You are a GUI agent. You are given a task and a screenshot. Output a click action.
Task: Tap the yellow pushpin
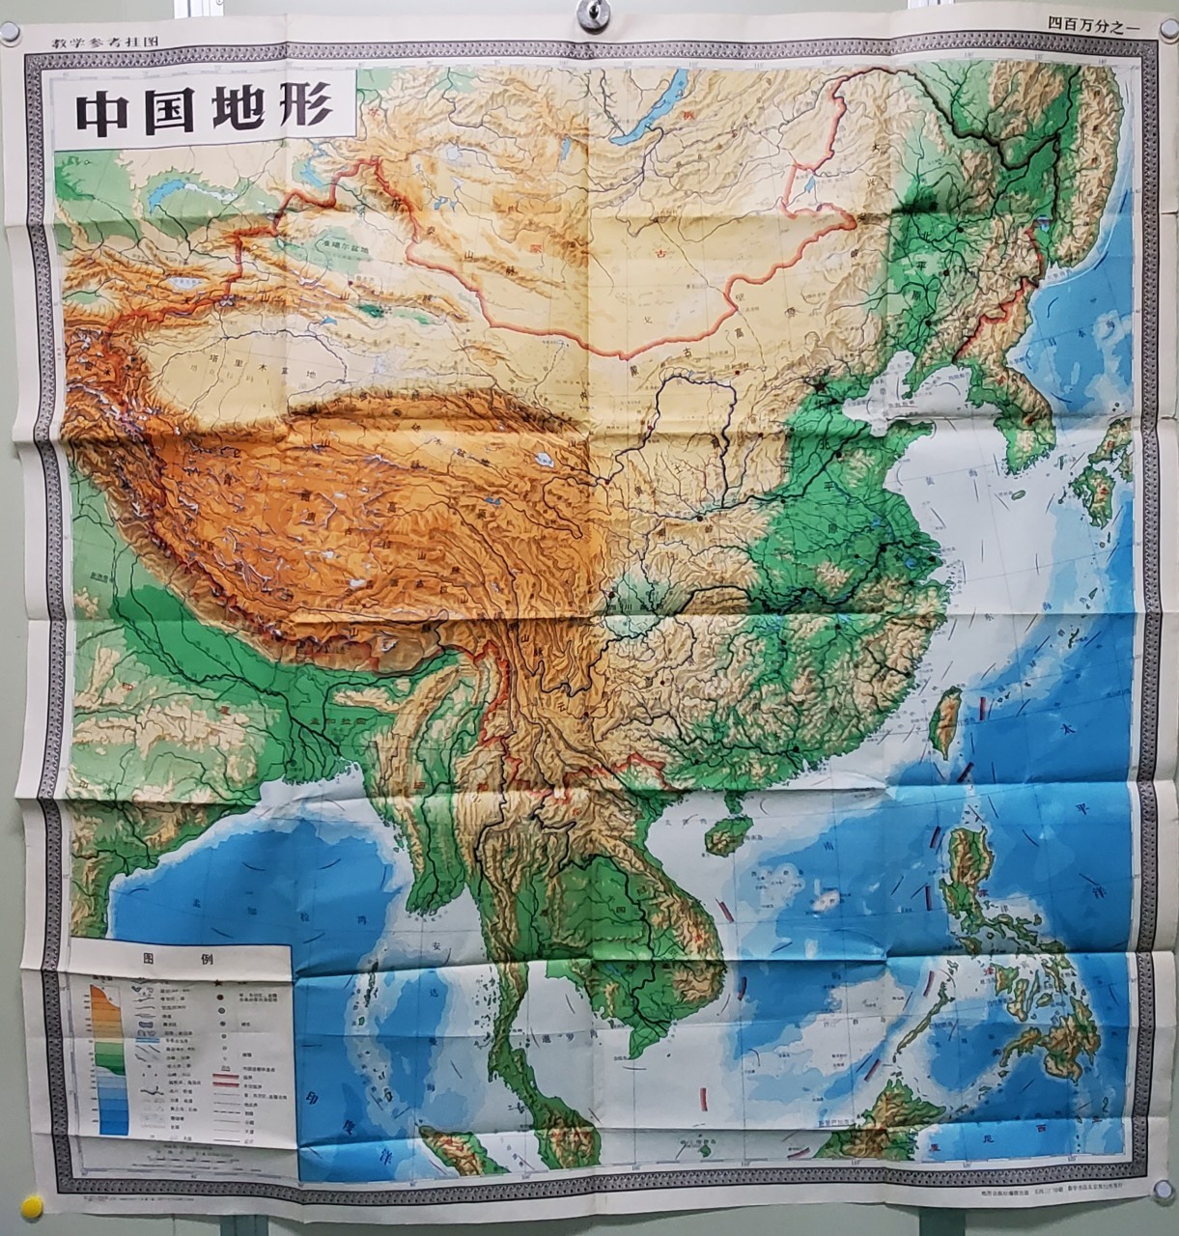click(x=33, y=1206)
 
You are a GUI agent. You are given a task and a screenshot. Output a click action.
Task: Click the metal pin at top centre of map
click(x=591, y=13)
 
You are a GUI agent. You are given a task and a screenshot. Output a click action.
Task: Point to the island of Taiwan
click(x=947, y=719)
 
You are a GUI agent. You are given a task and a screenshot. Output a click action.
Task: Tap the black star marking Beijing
click(x=820, y=384)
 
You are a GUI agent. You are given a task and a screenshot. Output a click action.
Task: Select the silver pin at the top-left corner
click(x=10, y=32)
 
